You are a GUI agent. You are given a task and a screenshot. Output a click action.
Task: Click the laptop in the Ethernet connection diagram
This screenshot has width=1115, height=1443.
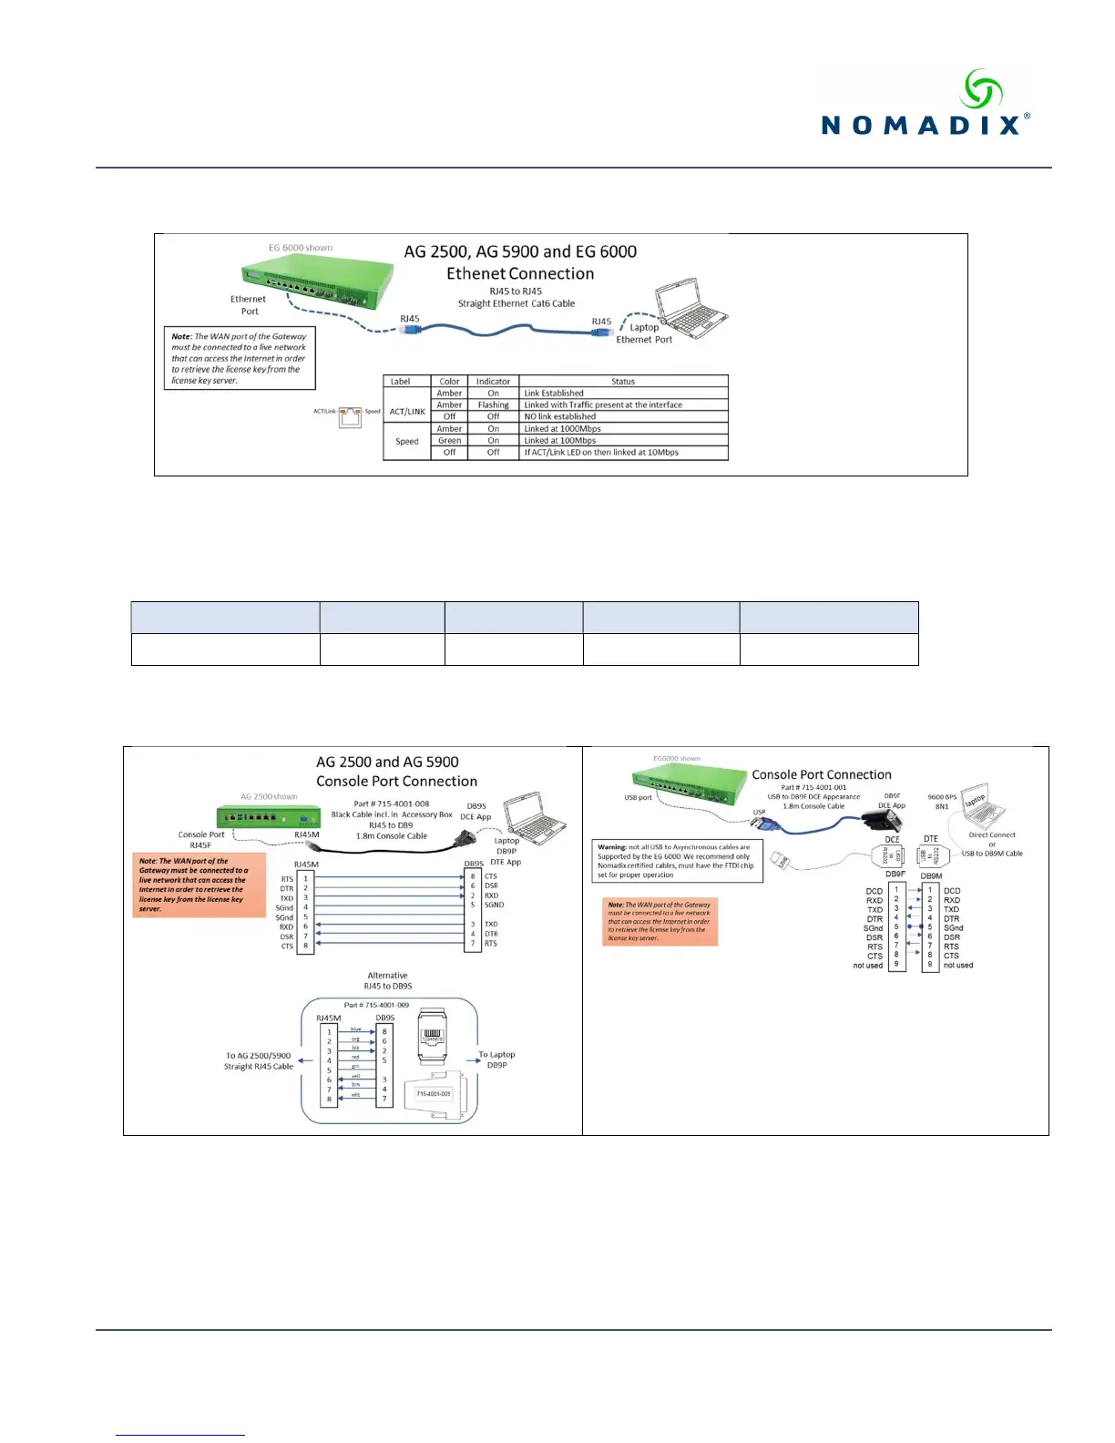690,307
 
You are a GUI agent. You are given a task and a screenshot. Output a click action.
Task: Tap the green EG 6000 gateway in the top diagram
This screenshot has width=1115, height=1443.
319,283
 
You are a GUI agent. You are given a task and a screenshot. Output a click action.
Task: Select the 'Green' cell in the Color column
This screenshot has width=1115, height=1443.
449,441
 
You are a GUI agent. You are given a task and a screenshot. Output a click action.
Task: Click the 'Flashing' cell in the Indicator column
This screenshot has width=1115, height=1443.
493,405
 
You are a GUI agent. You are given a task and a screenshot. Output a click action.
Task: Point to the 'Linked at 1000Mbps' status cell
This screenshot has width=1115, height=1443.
562,429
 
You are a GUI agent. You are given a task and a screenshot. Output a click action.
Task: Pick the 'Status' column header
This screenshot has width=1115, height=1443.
623,382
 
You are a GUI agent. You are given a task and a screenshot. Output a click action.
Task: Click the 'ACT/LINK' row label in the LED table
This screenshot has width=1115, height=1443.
407,412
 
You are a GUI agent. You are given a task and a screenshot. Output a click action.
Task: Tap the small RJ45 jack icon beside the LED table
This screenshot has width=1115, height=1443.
350,417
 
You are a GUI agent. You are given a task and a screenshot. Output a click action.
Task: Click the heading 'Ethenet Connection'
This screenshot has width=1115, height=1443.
519,274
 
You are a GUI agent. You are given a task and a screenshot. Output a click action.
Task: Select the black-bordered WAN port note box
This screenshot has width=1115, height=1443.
240,358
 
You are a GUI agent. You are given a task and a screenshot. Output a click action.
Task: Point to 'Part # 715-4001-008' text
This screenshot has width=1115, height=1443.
391,804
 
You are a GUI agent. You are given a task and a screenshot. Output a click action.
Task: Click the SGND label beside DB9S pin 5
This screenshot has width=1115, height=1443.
494,905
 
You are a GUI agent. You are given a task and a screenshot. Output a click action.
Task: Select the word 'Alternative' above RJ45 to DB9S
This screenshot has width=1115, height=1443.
387,976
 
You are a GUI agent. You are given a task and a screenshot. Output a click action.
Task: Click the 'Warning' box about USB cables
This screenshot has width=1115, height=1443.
676,861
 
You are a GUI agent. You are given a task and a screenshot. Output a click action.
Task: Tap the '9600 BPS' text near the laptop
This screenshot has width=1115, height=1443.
942,797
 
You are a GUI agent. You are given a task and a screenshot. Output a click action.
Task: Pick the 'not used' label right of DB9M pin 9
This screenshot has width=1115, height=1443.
958,966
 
